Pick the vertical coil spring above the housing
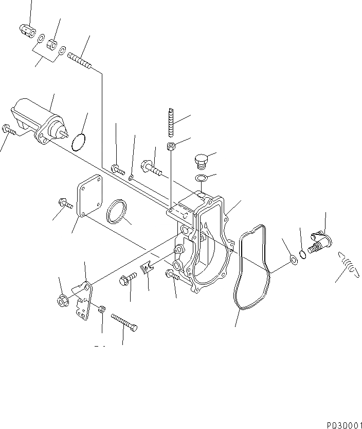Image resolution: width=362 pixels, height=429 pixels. click(172, 123)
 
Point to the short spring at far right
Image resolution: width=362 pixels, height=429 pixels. click(348, 264)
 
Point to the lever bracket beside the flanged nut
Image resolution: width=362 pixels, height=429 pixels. click(83, 302)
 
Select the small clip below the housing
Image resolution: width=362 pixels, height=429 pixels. click(147, 267)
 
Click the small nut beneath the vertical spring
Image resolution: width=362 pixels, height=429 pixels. click(172, 146)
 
